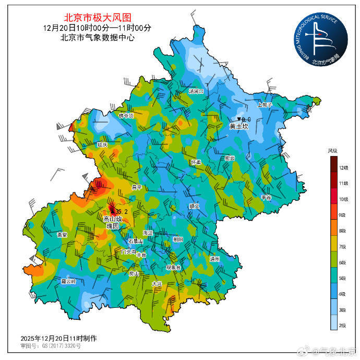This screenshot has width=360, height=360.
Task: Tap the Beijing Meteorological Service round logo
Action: coord(320,40)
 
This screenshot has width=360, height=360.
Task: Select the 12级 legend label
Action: coord(343,167)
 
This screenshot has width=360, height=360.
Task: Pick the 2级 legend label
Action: coord(343,326)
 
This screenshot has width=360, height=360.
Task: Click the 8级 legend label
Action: coord(343,231)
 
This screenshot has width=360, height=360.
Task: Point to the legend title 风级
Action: coord(333,151)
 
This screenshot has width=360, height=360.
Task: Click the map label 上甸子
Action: coord(265,104)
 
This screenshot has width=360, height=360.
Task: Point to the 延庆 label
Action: coord(102,145)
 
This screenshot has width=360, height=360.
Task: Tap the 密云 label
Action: coord(230,158)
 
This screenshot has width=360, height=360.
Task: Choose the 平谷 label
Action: coord(266,198)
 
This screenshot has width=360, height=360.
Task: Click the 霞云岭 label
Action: coord(68,281)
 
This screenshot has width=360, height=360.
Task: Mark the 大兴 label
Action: coord(157,284)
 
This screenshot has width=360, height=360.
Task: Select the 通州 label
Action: coord(214,259)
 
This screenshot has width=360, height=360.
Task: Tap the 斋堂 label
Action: coord(62,235)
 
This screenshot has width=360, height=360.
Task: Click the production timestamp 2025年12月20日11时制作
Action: coord(58,338)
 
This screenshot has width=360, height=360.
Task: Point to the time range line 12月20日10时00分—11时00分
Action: coord(97,27)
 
